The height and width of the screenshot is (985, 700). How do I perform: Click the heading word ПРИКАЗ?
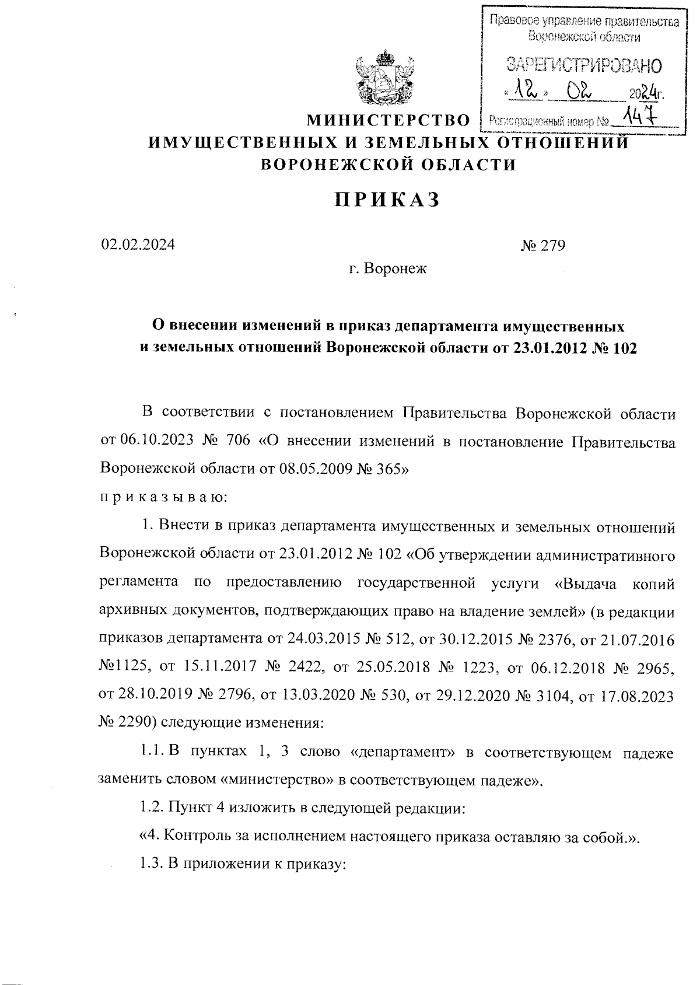[x=386, y=200]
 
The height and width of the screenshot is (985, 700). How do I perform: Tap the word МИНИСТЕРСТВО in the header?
[x=388, y=121]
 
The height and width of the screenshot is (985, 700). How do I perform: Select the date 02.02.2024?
[x=138, y=245]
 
